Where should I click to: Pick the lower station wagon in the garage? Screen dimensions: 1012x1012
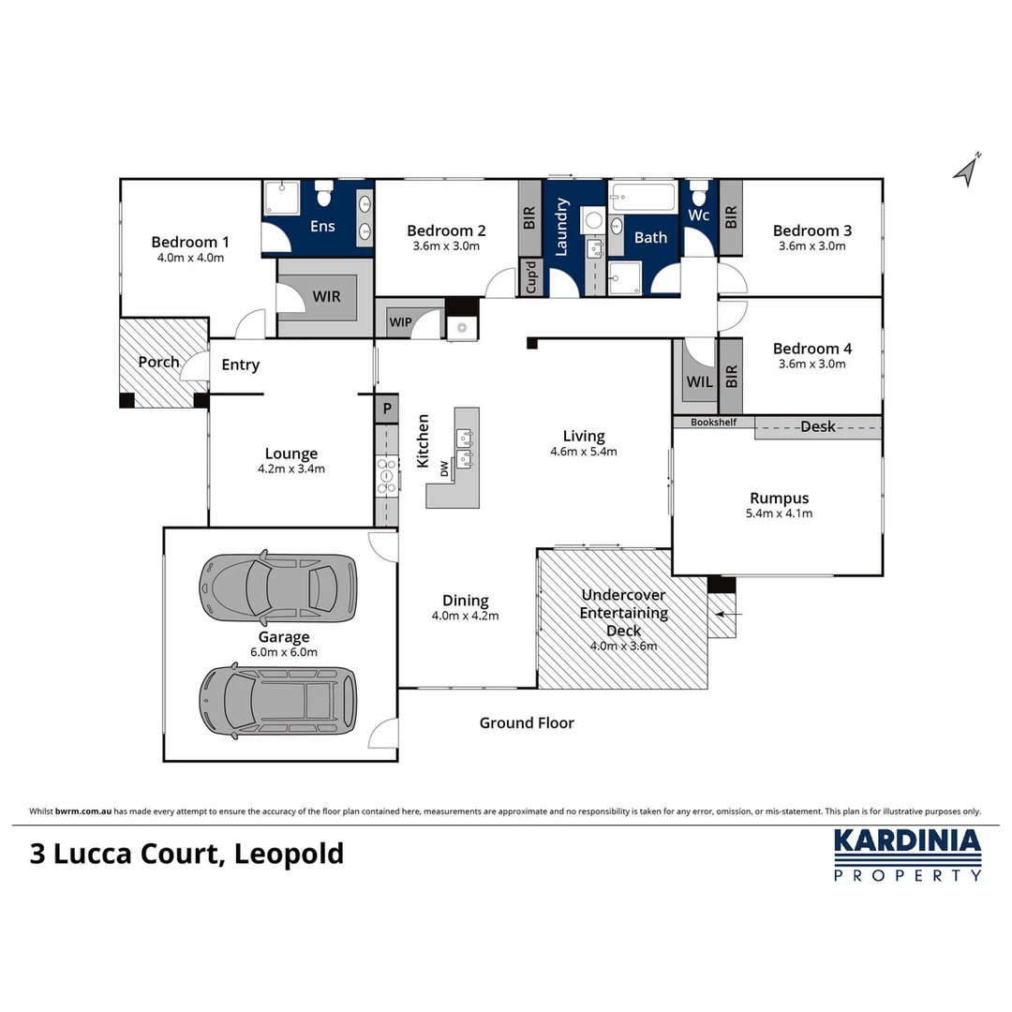coord(278,700)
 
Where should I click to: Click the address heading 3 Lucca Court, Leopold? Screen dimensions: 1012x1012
coord(187,854)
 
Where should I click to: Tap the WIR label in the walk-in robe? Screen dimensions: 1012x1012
coord(326,296)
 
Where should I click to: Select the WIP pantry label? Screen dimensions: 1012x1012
coord(400,322)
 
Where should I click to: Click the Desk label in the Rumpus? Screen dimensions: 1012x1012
coord(817,427)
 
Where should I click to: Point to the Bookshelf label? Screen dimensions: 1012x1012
coord(714,423)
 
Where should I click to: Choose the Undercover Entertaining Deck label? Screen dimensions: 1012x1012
coord(624,613)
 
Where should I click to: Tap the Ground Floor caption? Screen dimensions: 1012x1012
coord(527,722)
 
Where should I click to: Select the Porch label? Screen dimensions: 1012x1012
coord(158,362)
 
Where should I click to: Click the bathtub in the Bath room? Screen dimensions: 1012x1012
coord(643,198)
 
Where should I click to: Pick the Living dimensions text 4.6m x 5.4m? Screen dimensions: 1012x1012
coord(583,452)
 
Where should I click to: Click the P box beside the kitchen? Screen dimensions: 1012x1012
coord(385,409)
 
